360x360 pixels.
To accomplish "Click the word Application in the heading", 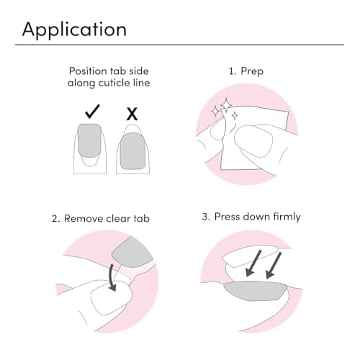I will coord(74,30).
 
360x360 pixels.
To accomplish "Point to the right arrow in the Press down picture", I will coord(275,268).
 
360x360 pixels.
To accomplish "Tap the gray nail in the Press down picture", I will coord(256,292).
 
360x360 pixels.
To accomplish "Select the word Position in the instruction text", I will coord(88,71).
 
